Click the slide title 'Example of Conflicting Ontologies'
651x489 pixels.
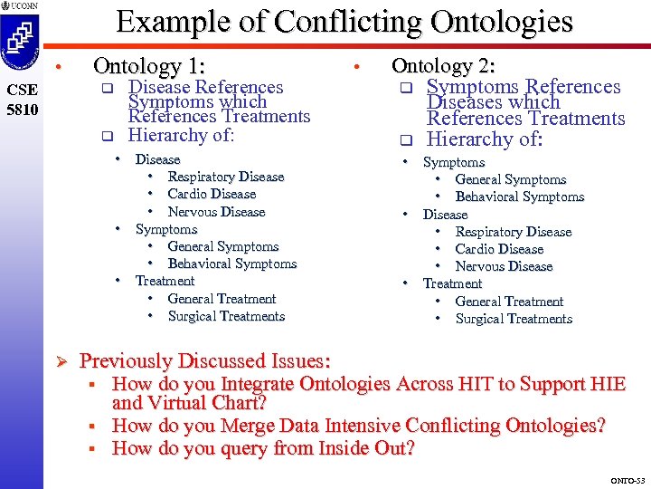(344, 21)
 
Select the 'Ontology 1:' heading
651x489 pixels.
(149, 66)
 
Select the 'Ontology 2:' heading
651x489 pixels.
(442, 66)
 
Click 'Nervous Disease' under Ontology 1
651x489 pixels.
(216, 212)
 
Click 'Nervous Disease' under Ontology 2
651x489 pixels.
(504, 266)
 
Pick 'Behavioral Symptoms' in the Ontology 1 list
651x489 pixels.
(232, 264)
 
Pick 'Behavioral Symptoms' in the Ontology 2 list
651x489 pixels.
(520, 197)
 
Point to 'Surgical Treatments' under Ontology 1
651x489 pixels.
(226, 316)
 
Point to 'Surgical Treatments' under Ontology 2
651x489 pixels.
(514, 319)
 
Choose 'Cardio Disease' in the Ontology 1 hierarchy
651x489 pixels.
(212, 194)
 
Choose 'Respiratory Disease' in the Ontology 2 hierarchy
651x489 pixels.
(514, 232)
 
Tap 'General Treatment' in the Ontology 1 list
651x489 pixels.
(222, 299)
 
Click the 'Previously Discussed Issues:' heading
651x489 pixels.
(205, 361)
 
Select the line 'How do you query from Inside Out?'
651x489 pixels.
(263, 448)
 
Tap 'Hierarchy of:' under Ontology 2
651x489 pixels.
(484, 139)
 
